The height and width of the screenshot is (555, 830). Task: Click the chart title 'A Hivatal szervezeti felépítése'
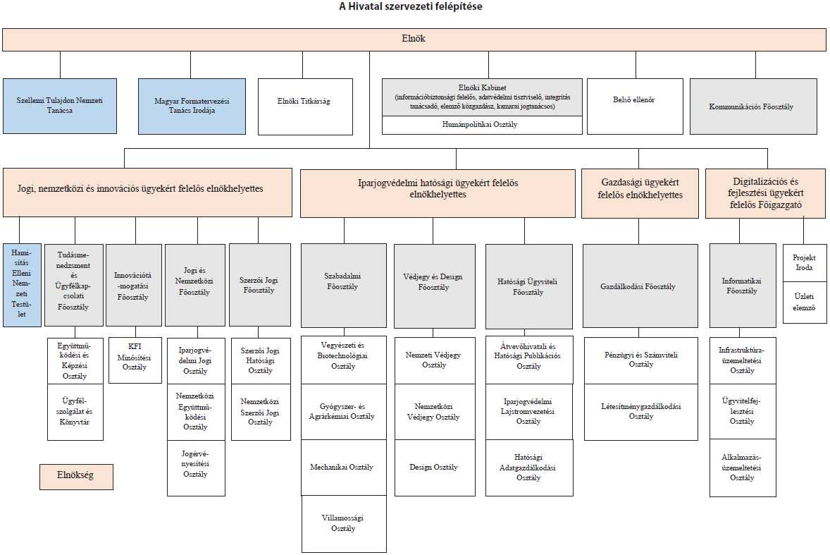coord(411,7)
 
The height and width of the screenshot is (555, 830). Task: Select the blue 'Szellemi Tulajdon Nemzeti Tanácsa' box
coord(60,106)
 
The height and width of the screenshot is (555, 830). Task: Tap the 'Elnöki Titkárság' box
coord(305,107)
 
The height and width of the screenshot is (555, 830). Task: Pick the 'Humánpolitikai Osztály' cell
coord(482,125)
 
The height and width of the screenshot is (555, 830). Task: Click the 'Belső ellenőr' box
coord(636,106)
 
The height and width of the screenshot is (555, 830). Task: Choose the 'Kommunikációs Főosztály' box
coord(754,106)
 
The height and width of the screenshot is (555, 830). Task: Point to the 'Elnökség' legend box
coord(76,477)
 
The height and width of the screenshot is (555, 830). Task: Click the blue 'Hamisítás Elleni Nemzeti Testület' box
coord(22,285)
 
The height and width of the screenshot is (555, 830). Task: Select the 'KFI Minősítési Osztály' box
coord(135,360)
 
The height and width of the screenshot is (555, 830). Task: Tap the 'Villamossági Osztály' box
coord(344,524)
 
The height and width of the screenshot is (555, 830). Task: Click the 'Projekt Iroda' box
coord(805,263)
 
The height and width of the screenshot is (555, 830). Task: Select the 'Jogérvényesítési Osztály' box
coord(197,468)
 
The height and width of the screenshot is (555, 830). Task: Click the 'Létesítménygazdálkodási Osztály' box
coord(641,412)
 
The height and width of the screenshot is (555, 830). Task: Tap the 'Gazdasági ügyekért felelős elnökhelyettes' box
coord(640,193)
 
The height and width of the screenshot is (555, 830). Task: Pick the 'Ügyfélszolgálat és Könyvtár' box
coord(75,412)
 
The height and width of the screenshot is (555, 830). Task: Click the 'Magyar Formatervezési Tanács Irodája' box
coord(192,106)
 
